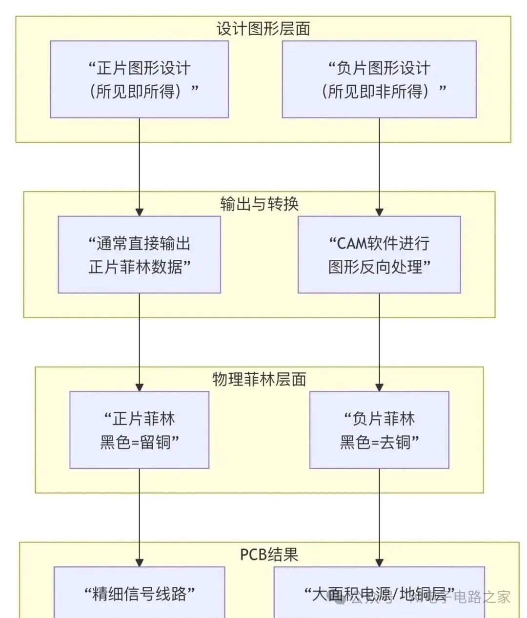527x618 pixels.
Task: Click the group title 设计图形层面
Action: pos(263,29)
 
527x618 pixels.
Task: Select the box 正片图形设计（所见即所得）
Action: pos(139,79)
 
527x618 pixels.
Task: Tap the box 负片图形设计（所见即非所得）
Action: pos(379,79)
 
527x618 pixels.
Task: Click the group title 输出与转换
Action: pos(259,204)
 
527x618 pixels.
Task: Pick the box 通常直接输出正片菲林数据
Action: pos(139,254)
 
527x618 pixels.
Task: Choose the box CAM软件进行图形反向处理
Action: pos(379,254)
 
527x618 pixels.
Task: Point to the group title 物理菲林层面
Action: pos(259,379)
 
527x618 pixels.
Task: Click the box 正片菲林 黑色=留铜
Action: pos(139,430)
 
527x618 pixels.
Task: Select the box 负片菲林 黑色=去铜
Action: pos(379,430)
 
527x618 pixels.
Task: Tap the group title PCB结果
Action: pos(269,555)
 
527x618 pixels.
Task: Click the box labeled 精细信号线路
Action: pos(139,594)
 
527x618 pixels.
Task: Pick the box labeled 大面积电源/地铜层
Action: pos(379,594)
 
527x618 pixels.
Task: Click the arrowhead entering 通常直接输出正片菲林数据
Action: pos(139,212)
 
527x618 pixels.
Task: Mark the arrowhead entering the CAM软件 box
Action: pos(379,212)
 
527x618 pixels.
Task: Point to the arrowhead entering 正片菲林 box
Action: pos(139,388)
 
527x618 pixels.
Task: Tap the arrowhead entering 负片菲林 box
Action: pos(379,388)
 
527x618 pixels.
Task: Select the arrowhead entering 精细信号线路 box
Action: pos(139,562)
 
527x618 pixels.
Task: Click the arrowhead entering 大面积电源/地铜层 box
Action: pos(379,562)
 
